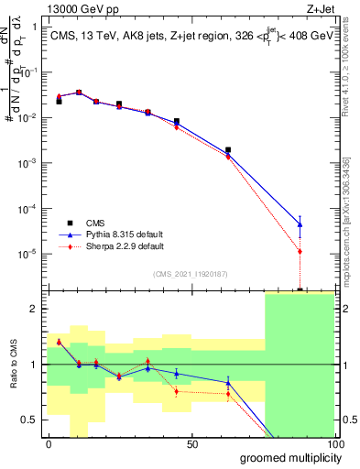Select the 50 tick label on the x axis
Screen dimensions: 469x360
(191, 444)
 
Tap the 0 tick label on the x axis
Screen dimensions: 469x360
(49, 444)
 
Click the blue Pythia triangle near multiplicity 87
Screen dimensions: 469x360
(300, 224)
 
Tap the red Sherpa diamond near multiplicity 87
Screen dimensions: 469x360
(300, 251)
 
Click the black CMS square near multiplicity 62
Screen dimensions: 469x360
(228, 149)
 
